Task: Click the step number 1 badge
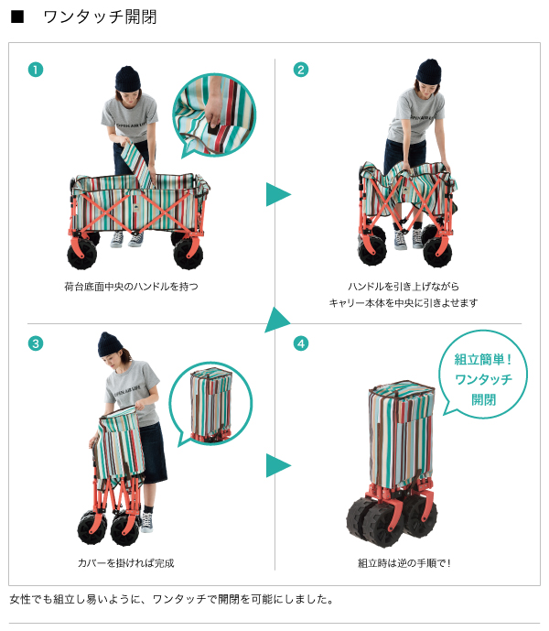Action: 36,70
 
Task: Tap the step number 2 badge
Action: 301,70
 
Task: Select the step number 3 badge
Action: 36,343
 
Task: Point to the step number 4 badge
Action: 301,343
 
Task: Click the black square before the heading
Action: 17,16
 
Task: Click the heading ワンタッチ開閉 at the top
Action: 100,16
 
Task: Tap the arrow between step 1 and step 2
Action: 278,194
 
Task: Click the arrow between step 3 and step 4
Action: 278,465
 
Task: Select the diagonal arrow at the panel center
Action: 277,321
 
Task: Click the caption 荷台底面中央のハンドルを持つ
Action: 131,287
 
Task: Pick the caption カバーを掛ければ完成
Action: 126,563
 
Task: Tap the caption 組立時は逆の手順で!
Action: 404,563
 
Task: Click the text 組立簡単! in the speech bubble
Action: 483,359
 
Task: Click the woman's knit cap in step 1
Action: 128,79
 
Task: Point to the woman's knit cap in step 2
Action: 429,71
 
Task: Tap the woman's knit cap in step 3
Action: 110,344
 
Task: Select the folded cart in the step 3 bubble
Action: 210,405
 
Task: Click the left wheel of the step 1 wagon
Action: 82,255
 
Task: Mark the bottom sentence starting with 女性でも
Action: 172,599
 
